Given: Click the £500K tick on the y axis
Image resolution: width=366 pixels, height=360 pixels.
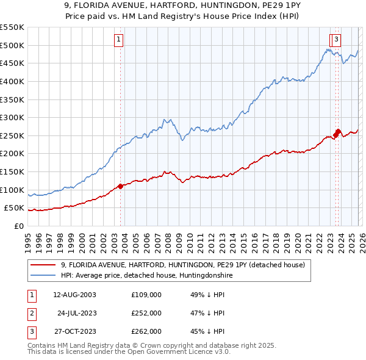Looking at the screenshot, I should (12, 45).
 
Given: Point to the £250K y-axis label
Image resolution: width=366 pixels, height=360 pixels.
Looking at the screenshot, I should (12, 135).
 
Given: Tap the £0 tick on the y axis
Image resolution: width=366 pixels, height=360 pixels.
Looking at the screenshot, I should (18, 226).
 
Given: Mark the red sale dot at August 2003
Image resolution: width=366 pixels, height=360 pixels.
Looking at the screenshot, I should (120, 186).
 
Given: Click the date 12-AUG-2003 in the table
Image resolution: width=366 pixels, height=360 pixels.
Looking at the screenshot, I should (74, 295).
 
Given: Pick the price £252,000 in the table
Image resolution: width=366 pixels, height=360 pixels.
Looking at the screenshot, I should (146, 313).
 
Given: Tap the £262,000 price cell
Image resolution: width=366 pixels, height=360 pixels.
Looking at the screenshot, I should (146, 331).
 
